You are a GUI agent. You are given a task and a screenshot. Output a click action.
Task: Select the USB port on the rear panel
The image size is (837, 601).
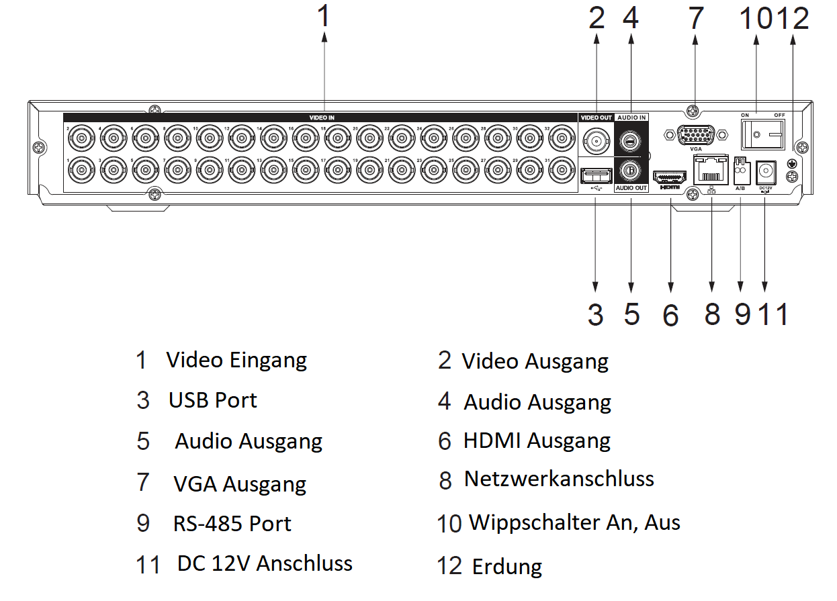[596, 176]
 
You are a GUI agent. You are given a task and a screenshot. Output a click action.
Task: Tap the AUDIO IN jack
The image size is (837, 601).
[631, 140]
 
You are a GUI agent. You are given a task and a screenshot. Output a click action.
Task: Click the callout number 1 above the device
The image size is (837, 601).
[324, 16]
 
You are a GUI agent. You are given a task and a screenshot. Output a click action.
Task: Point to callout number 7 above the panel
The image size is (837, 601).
[695, 19]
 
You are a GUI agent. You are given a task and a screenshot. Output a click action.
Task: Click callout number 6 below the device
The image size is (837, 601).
[670, 315]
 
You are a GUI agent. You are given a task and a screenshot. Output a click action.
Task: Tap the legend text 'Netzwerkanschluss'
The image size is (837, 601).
[558, 479]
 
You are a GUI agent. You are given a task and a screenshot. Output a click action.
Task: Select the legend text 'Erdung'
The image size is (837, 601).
[507, 566]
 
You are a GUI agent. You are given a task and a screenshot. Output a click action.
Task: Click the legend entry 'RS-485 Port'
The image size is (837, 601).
[232, 524]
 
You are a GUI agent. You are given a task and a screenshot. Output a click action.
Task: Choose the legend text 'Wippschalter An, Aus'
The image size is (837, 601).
[574, 522]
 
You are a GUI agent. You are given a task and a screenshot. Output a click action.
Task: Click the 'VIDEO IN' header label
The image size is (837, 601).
[322, 118]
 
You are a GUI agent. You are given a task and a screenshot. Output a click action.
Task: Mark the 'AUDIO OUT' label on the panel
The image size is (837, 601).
[631, 188]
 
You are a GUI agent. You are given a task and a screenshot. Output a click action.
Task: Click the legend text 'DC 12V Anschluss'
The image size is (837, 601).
[265, 563]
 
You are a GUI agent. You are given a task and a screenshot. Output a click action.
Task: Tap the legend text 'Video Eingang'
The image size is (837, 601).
[236, 360]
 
